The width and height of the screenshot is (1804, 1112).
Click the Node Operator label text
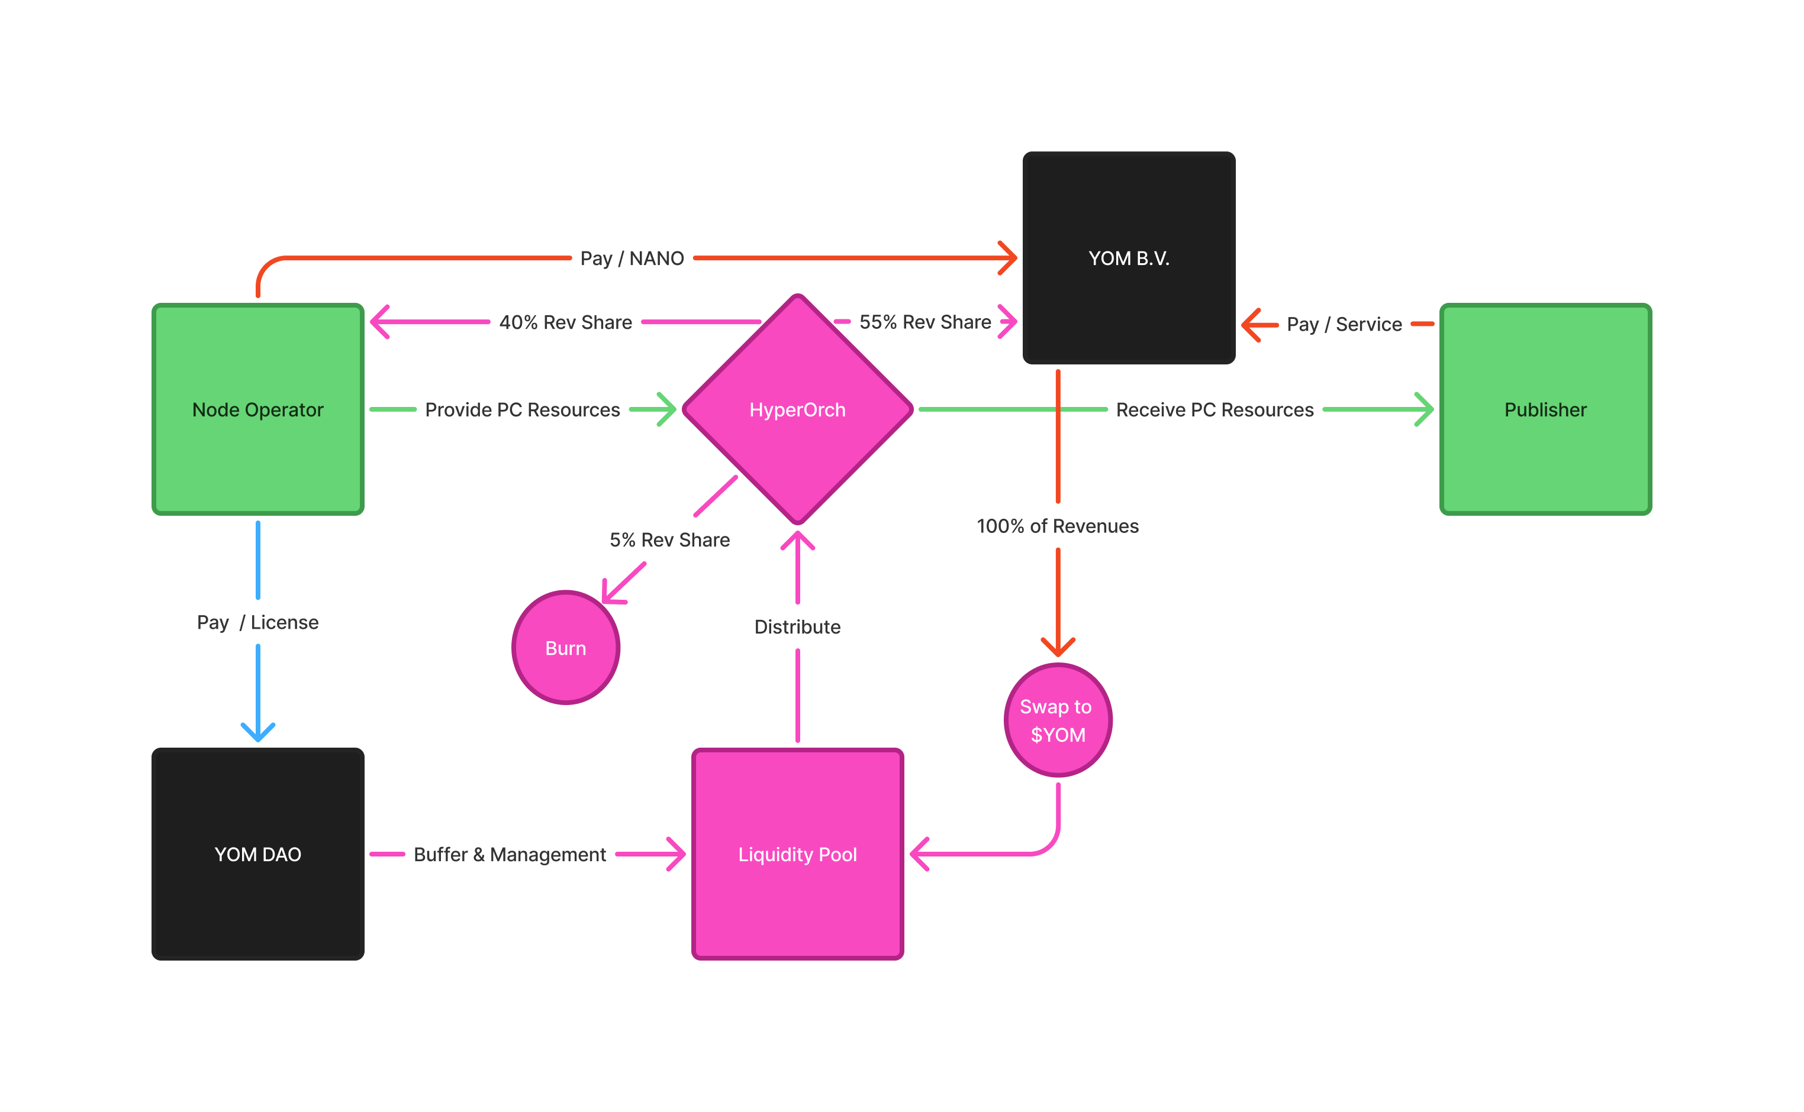coord(257,410)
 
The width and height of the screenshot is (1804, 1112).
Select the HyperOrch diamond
coord(797,410)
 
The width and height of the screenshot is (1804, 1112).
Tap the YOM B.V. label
coord(1129,258)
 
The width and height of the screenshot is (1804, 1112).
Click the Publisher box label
coord(1545,410)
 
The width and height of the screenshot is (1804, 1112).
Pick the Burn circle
coord(565,648)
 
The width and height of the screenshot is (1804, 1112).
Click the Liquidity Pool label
coord(797,854)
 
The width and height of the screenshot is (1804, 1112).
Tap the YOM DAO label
coord(257,854)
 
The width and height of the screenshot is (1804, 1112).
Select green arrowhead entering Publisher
coord(1426,409)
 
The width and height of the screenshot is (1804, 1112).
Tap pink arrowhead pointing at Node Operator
coord(379,321)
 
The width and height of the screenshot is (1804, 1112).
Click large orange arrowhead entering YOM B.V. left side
coord(1009,258)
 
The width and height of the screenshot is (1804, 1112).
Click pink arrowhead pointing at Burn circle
coord(611,594)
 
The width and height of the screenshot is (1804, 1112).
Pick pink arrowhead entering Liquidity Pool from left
coord(677,854)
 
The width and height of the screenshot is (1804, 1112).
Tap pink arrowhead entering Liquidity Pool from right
coord(918,854)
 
